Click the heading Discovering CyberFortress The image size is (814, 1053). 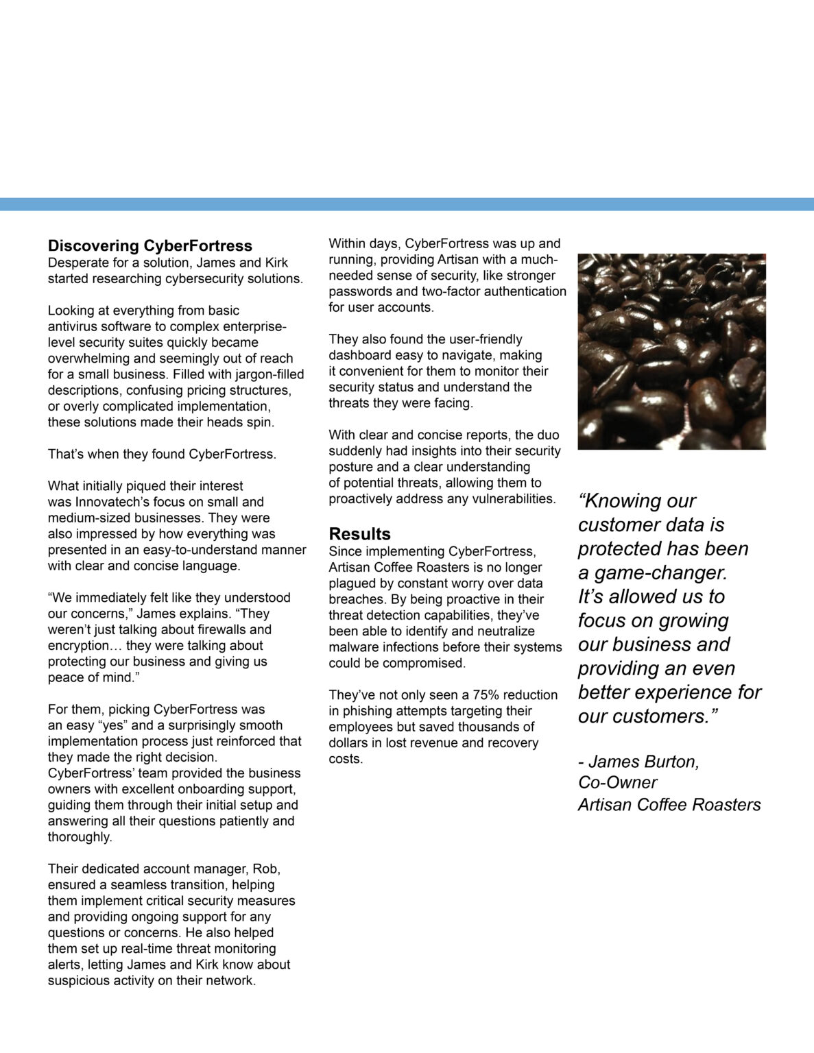click(x=149, y=245)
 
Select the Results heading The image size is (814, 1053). click(x=359, y=533)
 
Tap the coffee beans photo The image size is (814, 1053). click(x=671, y=351)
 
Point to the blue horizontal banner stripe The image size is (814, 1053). click(x=407, y=204)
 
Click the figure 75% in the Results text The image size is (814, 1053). click(x=486, y=694)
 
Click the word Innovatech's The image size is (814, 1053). click(x=108, y=502)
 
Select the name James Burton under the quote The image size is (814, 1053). click(x=644, y=762)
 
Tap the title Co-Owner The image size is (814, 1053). click(x=617, y=783)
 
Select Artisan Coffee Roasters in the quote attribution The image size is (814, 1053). click(x=669, y=805)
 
